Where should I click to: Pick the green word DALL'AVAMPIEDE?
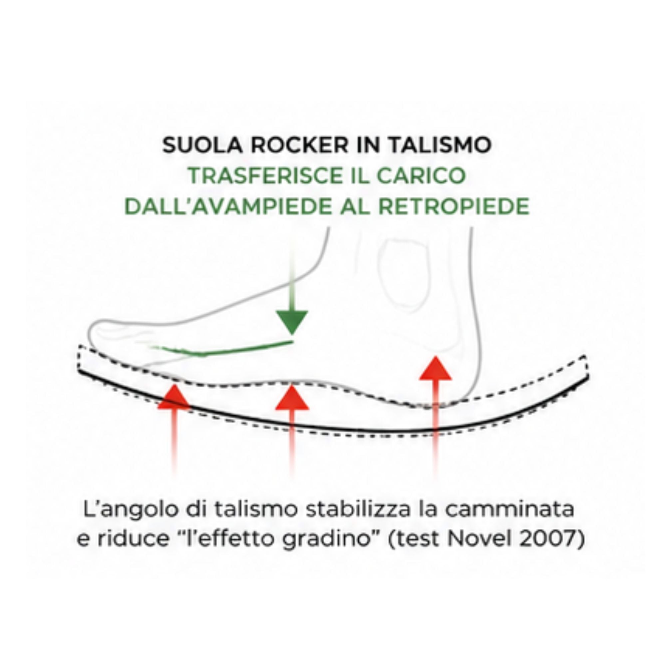(227, 206)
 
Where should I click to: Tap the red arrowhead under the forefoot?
(174, 397)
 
